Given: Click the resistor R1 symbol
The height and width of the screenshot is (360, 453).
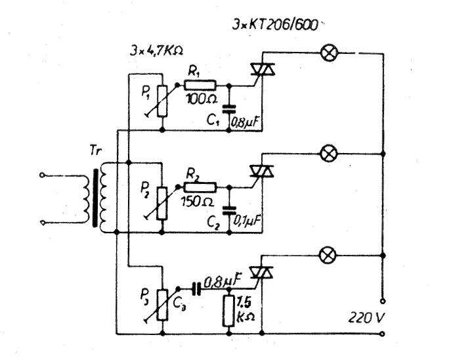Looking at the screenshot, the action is (x=200, y=85).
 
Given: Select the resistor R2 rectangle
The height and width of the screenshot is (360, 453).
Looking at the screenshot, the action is (x=200, y=187).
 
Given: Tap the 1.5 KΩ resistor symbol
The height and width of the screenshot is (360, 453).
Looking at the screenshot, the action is (x=228, y=311).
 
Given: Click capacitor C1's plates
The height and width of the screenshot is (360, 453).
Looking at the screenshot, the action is (x=229, y=109).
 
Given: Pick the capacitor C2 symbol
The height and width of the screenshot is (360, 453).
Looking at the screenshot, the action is (x=229, y=210).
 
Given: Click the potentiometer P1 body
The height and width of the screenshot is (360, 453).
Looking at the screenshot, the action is (x=162, y=101).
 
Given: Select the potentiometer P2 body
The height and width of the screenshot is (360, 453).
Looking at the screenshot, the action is (x=162, y=203).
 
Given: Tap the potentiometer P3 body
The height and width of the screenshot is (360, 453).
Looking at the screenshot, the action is (x=162, y=304).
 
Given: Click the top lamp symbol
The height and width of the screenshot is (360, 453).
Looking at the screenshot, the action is (x=329, y=53).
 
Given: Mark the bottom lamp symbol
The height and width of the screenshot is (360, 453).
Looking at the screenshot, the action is (x=328, y=256).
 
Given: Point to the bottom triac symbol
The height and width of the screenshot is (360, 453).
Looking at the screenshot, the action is (x=261, y=273).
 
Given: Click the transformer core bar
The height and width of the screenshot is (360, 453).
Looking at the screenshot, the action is (x=95, y=198).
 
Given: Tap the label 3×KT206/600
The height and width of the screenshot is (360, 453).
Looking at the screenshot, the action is (x=274, y=24).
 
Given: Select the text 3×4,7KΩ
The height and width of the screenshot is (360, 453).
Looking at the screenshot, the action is (x=156, y=51).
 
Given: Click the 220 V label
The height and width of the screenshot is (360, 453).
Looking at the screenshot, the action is (x=366, y=318).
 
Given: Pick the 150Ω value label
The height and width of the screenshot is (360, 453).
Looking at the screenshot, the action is (x=198, y=201).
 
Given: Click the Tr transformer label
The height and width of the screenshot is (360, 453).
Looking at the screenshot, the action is (x=96, y=150).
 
